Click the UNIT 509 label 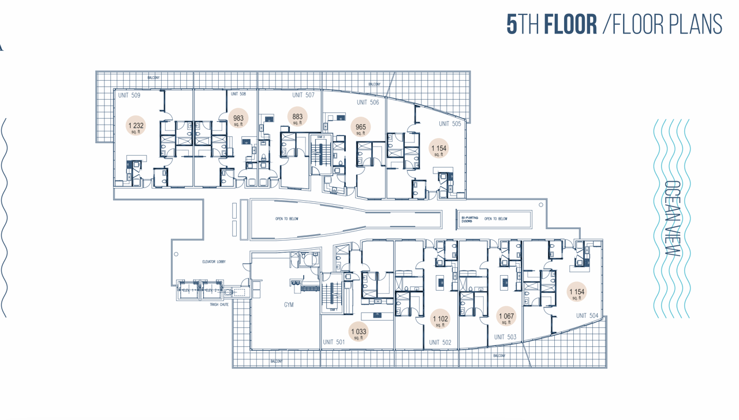tap(129, 95)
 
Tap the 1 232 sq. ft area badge tap(136, 126)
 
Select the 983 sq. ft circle tap(238, 119)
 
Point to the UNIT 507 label tap(303, 95)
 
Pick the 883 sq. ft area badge tap(297, 118)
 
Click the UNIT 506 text tap(368, 103)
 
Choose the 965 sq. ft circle tap(361, 128)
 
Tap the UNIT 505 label tap(450, 123)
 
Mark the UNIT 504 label tap(587, 316)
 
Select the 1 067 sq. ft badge tap(506, 317)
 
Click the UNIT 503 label tap(505, 337)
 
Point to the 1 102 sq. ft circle tap(440, 320)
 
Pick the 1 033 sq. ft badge tap(359, 332)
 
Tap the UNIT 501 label tap(334, 342)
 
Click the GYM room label tap(289, 305)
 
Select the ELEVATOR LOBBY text tap(214, 262)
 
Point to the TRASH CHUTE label tap(219, 305)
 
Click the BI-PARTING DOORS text tap(469, 219)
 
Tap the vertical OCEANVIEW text tap(672, 219)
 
